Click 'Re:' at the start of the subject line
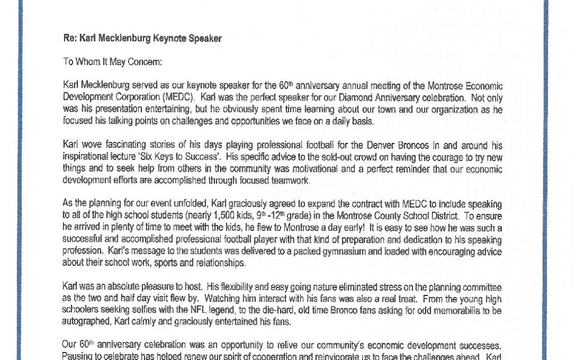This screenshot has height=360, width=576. [x=70, y=39]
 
